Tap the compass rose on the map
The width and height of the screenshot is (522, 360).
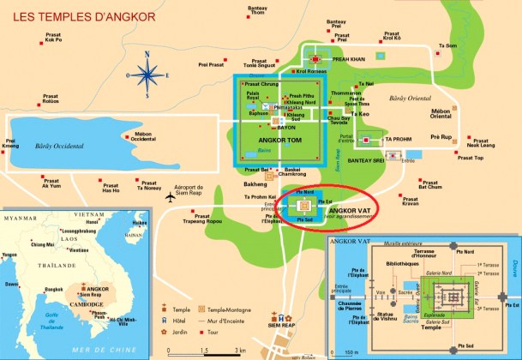click(x=147, y=74)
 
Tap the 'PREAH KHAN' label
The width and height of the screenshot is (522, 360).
click(x=348, y=59)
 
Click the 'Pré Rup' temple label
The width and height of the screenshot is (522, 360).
click(x=441, y=136)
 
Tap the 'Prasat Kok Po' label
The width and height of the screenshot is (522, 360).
click(x=52, y=37)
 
